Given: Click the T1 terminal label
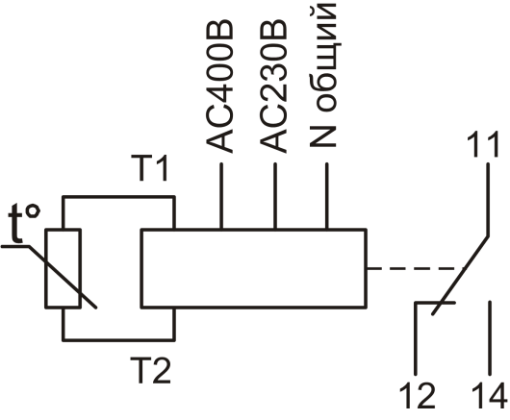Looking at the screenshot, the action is click(x=149, y=168).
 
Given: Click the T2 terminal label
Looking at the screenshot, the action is click(x=150, y=371).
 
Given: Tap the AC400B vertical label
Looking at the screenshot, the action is click(x=219, y=87).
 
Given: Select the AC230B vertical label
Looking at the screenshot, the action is click(x=273, y=87).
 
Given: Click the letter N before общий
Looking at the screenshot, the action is click(x=322, y=136).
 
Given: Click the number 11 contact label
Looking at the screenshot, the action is click(x=483, y=144).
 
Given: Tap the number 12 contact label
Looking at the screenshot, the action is click(x=417, y=395).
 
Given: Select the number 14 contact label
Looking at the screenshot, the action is click(x=490, y=395).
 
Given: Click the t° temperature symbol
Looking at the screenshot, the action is click(x=24, y=223).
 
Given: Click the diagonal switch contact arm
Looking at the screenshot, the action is click(x=461, y=276).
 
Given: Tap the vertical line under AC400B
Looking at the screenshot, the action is click(x=221, y=196).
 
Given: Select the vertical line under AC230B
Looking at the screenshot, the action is click(x=275, y=196).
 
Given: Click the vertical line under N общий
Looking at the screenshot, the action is click(x=327, y=196).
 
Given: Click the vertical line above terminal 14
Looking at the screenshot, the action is click(x=490, y=338).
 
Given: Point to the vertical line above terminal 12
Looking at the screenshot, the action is click(x=416, y=338).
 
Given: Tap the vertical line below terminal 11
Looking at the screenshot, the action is click(x=488, y=200).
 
